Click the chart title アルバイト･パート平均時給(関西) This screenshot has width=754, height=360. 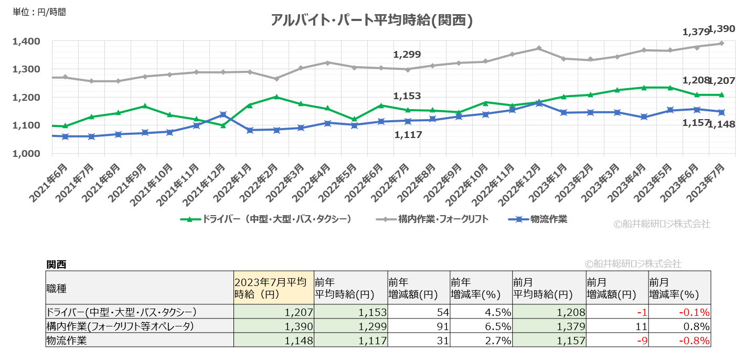click(372, 20)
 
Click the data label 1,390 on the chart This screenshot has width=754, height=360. click(721, 29)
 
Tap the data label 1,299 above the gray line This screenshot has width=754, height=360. click(407, 55)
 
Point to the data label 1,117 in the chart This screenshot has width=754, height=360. click(408, 135)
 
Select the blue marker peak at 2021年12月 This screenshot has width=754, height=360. click(223, 114)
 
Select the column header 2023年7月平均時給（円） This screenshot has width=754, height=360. click(273, 288)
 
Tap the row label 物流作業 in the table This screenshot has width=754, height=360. click(66, 341)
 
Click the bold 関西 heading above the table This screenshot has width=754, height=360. click(56, 264)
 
